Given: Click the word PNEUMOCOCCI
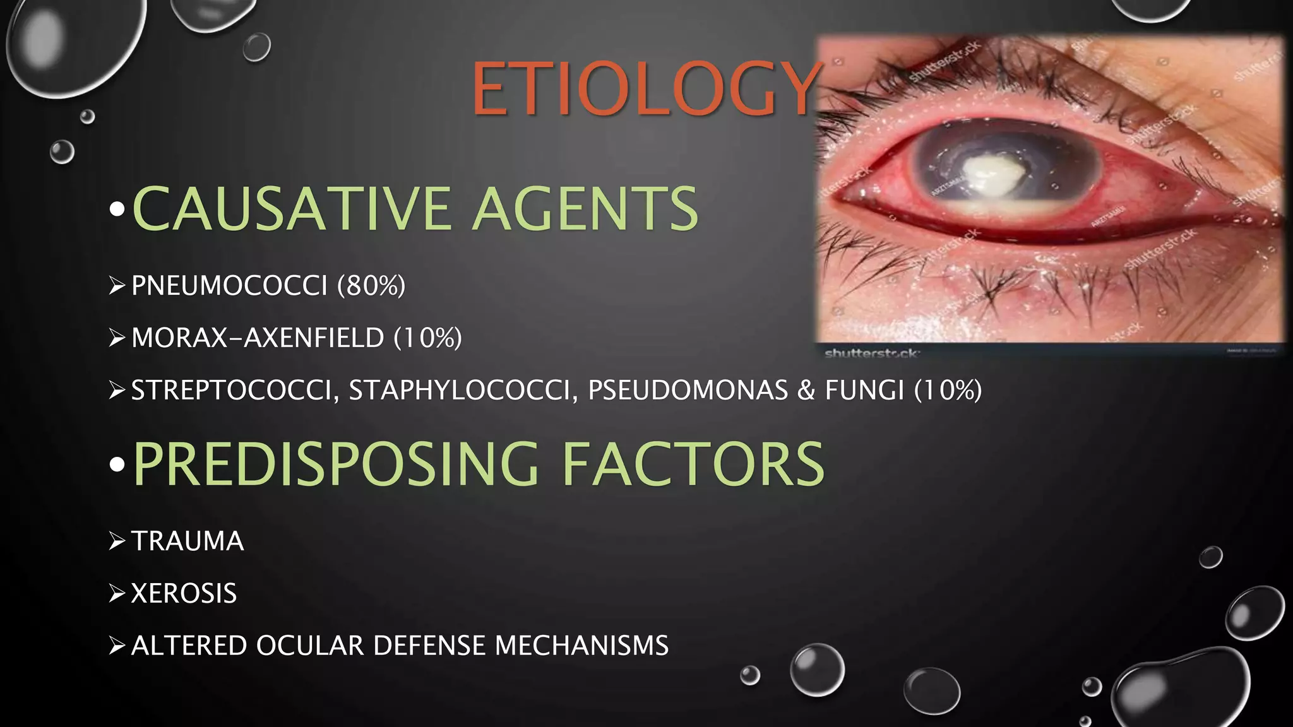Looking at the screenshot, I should point(229,286).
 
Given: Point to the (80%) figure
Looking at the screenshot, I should point(371,286).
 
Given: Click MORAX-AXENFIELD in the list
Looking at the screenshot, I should point(258,338).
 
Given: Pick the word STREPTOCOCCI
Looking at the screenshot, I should point(231,391).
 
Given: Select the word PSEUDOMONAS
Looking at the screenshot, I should point(688,391).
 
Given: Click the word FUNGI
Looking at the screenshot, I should point(864,391).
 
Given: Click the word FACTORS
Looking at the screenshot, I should point(693,464).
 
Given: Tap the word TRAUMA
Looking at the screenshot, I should point(188,541).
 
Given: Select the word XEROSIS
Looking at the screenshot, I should point(184,594).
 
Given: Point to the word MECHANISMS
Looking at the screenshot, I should point(581,646).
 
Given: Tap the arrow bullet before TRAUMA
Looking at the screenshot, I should point(117,541).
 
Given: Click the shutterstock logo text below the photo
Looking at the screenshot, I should point(871,353).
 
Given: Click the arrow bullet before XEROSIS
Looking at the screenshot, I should point(117,594).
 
